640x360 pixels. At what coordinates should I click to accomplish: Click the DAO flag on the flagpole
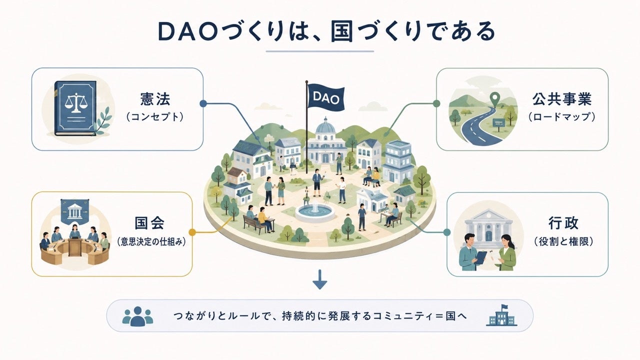pyautogui.click(x=326, y=97)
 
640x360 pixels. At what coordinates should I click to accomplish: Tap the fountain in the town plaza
pyautogui.click(x=315, y=212)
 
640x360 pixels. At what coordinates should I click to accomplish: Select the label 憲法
pyautogui.click(x=155, y=99)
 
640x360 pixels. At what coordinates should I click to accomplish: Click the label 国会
pyautogui.click(x=149, y=223)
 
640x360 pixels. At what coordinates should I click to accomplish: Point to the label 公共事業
pyautogui.click(x=561, y=99)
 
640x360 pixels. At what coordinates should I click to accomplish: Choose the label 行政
pyautogui.click(x=563, y=223)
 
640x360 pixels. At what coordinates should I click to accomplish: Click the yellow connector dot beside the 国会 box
pyautogui.click(x=192, y=232)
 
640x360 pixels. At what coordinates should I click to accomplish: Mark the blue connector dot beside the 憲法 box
pyautogui.click(x=203, y=103)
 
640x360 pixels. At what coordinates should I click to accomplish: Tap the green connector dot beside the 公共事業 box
pyautogui.click(x=436, y=103)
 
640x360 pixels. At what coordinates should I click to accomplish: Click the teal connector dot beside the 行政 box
pyautogui.click(x=447, y=232)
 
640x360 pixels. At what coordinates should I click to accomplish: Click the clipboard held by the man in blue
pyautogui.click(x=480, y=257)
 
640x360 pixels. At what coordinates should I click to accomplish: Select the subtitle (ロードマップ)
pyautogui.click(x=561, y=117)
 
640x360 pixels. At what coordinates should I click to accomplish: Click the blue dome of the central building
pyautogui.click(x=325, y=125)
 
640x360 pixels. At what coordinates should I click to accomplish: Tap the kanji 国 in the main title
pyautogui.click(x=341, y=31)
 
